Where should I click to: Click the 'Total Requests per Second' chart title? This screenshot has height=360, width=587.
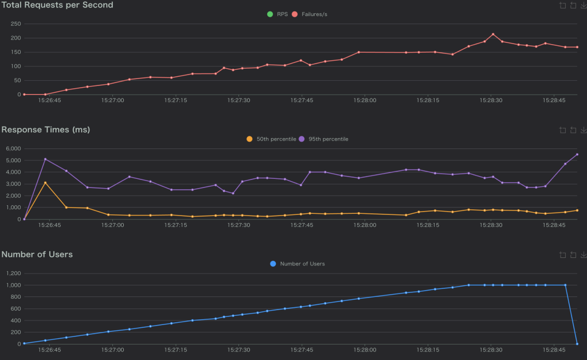tap(57, 5)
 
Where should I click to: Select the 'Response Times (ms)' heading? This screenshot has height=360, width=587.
tap(46, 130)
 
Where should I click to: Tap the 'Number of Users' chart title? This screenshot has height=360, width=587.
tap(37, 254)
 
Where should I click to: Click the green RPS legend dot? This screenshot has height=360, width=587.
tap(270, 14)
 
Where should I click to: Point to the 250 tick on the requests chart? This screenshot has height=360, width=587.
tap(14, 24)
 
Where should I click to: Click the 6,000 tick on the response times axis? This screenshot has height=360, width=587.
tap(12, 148)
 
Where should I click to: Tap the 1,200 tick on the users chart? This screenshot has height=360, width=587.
tap(12, 273)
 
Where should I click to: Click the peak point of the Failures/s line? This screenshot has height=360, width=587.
tap(492, 34)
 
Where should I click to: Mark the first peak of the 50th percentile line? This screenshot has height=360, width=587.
tap(45, 183)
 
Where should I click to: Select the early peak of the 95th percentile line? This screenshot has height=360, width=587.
tap(45, 159)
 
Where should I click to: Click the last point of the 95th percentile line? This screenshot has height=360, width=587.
tap(577, 154)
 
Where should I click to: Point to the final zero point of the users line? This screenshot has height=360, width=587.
tap(577, 344)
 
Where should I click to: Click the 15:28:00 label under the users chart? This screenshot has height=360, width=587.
tap(365, 350)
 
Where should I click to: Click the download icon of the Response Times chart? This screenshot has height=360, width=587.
tap(584, 130)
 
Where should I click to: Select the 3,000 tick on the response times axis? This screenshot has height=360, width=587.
tap(12, 184)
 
